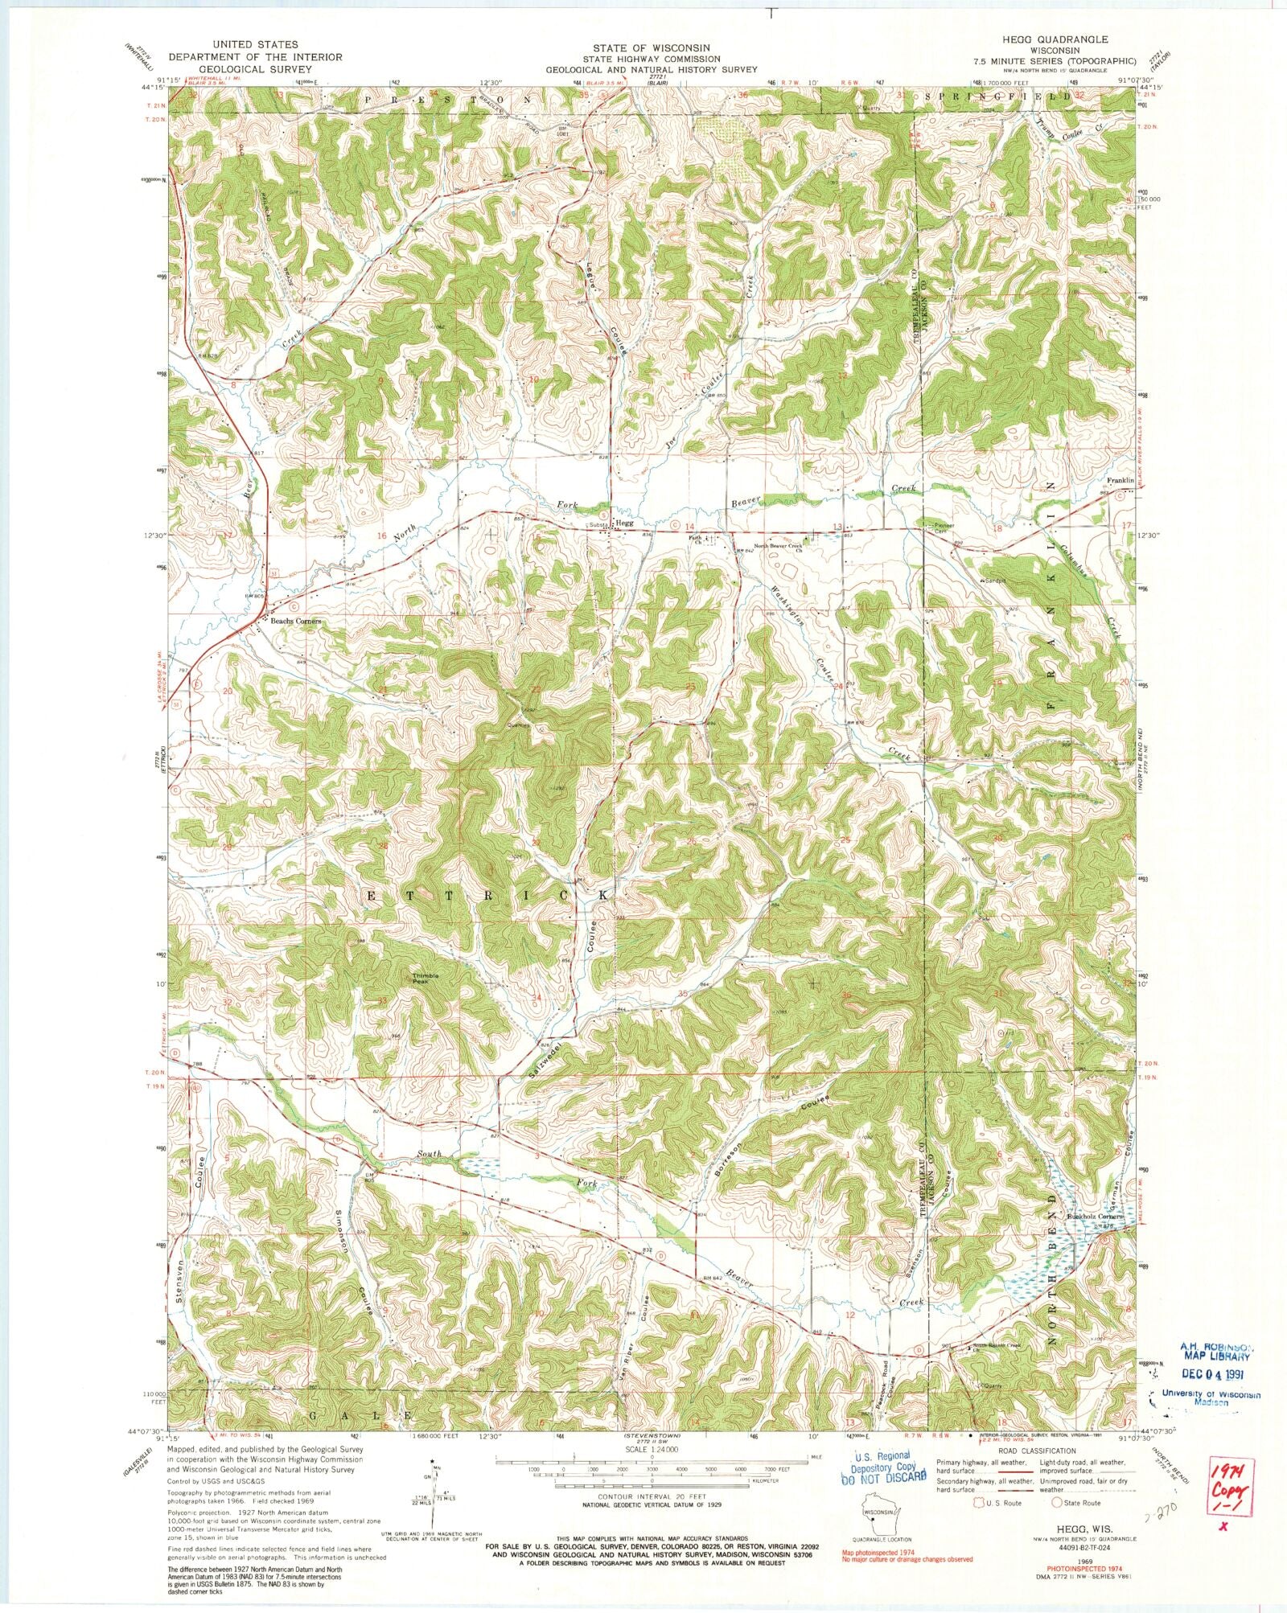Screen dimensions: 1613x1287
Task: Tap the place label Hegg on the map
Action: pos(625,523)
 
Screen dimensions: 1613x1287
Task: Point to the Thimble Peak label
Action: pos(426,979)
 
